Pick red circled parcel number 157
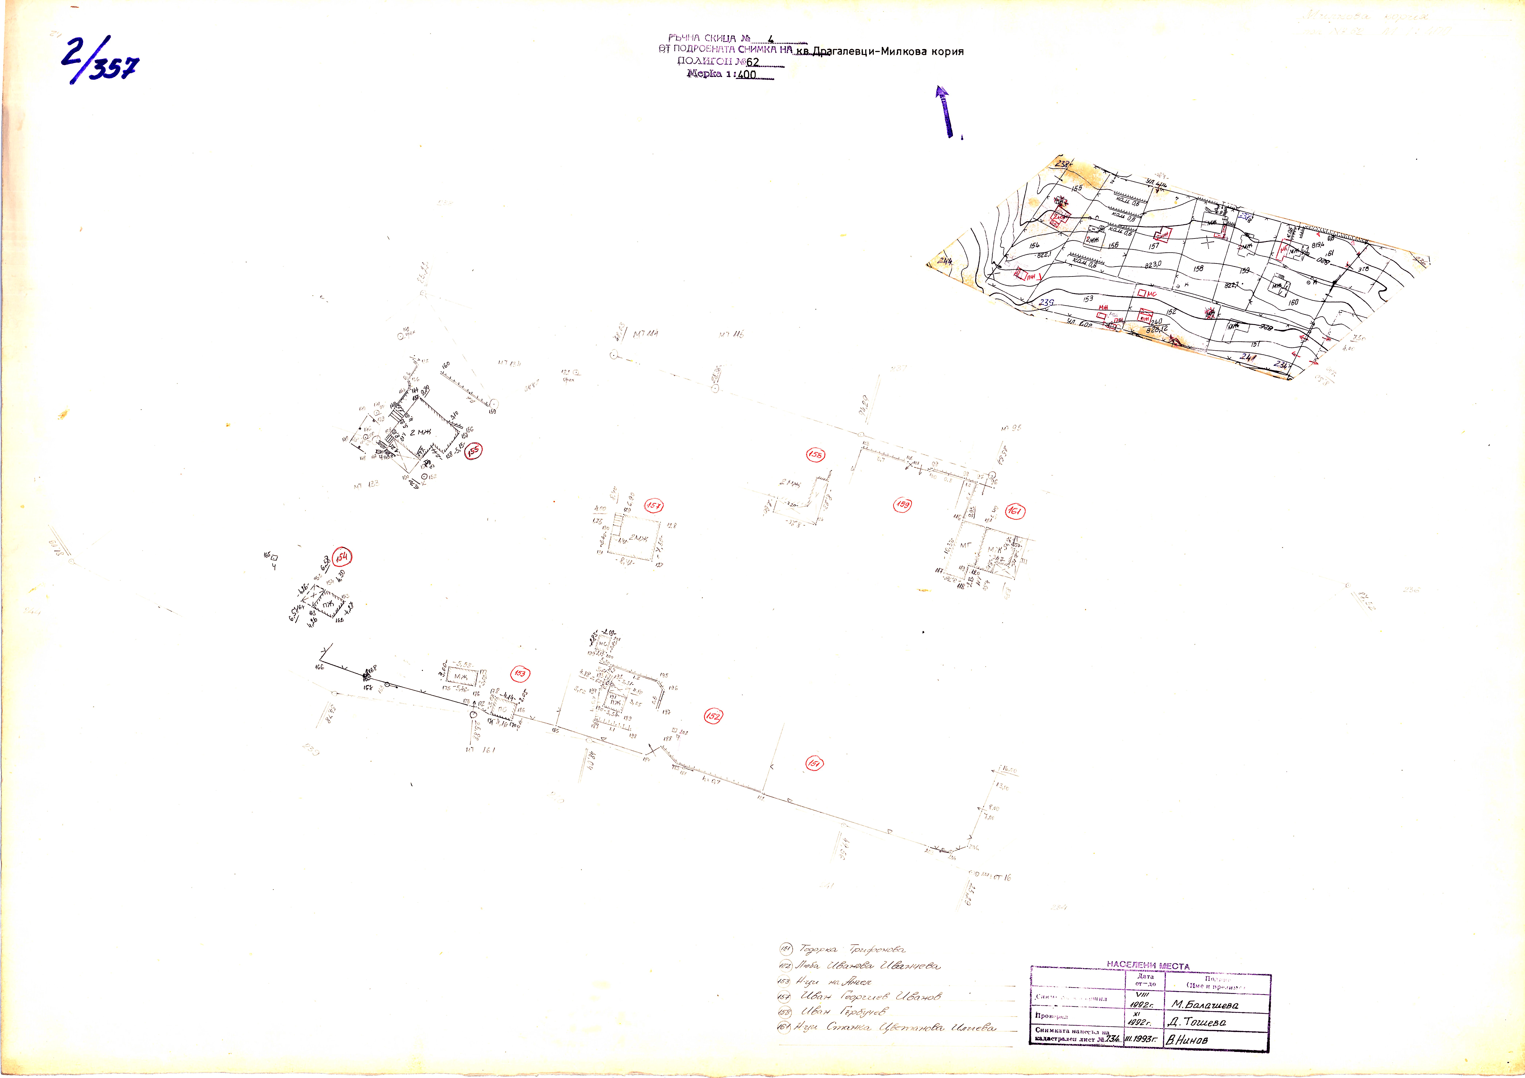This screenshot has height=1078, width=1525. coord(654,506)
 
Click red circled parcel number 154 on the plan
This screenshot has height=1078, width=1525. coord(342,557)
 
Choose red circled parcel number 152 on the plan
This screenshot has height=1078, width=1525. coord(713,716)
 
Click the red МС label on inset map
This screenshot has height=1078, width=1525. coord(1152,294)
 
